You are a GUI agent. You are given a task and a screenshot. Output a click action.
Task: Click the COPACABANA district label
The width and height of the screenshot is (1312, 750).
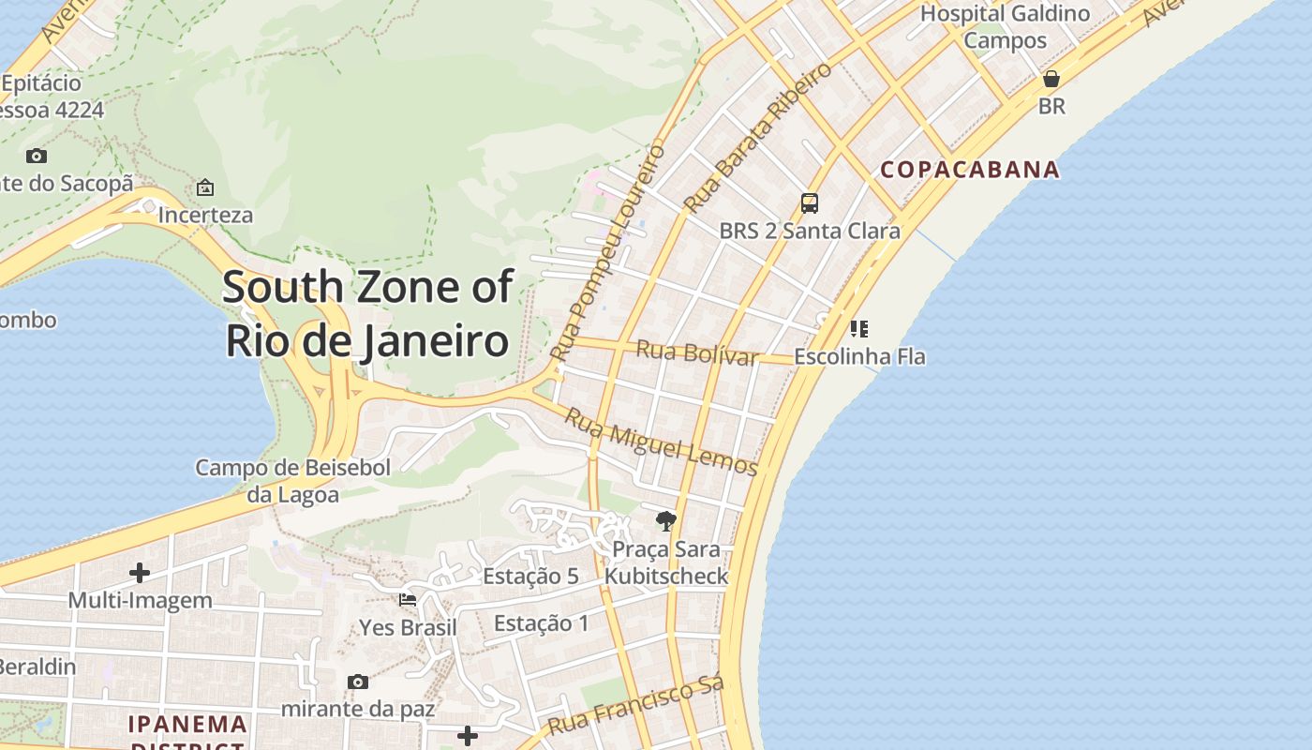[970, 170]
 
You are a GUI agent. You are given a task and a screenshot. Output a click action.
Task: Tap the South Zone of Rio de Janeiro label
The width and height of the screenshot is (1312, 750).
[368, 314]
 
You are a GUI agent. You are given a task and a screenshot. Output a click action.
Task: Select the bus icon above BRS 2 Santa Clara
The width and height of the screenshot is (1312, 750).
[809, 203]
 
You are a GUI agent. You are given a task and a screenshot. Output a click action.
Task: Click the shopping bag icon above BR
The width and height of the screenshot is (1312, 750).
[1051, 79]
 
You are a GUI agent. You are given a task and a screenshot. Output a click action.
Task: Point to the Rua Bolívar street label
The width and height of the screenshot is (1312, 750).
[696, 353]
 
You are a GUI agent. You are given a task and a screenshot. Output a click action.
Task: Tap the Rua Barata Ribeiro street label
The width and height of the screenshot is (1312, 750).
[757, 137]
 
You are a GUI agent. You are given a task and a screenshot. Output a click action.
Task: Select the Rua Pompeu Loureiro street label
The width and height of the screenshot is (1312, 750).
[608, 253]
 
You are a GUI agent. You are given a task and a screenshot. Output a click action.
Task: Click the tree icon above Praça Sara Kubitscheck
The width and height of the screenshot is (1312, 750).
[665, 521]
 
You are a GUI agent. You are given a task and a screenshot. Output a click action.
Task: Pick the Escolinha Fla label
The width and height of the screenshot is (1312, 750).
[859, 356]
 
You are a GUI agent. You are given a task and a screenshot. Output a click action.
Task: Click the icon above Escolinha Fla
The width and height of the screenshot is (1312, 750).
[858, 329]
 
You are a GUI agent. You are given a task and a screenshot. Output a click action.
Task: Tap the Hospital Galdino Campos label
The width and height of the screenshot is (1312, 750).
[1005, 27]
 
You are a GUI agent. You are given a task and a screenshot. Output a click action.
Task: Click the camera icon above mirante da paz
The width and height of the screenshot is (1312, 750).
[357, 682]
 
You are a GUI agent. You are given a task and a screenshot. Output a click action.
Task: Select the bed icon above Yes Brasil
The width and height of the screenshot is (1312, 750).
[408, 600]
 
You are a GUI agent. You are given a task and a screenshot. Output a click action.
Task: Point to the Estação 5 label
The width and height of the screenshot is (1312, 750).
[530, 576]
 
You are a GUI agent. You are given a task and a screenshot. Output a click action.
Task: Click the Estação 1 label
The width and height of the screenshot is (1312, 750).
[542, 622]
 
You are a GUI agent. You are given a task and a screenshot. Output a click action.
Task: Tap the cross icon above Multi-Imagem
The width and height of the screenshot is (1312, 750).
[140, 572]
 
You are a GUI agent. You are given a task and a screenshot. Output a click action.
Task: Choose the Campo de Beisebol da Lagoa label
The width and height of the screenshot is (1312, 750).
[292, 481]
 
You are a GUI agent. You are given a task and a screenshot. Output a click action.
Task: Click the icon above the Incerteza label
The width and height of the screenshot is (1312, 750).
[204, 187]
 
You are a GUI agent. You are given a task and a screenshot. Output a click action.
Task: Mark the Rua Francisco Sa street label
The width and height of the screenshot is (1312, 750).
[635, 707]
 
